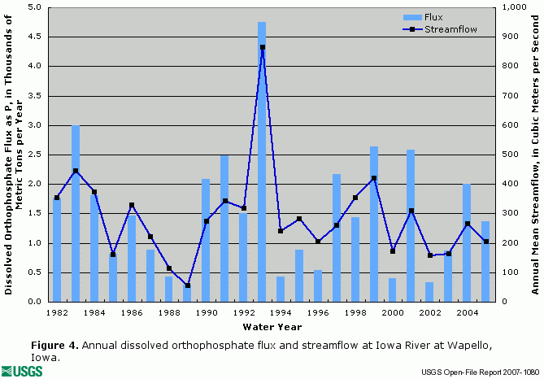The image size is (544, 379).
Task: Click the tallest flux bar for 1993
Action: pos(262,163)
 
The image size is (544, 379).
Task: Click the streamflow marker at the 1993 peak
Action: pos(262,47)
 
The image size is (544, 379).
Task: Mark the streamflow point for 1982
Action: pos(56,198)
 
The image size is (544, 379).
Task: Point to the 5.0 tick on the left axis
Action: pos(36,7)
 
